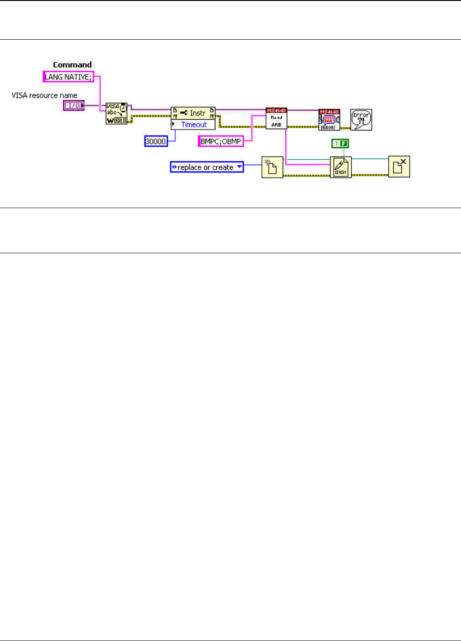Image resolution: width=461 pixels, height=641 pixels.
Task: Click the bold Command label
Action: pyautogui.click(x=72, y=65)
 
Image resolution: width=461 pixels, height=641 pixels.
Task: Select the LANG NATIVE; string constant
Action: pyautogui.click(x=68, y=77)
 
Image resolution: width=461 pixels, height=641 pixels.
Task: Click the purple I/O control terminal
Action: pyautogui.click(x=74, y=105)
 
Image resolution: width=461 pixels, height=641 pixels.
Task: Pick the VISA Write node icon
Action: pyautogui.click(x=116, y=113)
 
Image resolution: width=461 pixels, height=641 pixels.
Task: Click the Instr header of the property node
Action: pyautogui.click(x=193, y=112)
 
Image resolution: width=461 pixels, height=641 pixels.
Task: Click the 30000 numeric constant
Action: pyautogui.click(x=156, y=141)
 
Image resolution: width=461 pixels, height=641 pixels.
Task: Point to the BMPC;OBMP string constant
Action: pyautogui.click(x=221, y=141)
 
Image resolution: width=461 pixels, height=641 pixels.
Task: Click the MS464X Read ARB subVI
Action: pyautogui.click(x=276, y=118)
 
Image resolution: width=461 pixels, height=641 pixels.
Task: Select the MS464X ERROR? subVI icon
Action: pyautogui.click(x=329, y=120)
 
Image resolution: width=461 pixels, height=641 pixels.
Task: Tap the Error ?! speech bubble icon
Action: pyautogui.click(x=361, y=120)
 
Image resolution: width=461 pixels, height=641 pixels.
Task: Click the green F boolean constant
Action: pyautogui.click(x=340, y=144)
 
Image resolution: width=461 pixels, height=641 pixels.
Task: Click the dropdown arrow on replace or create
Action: pyautogui.click(x=239, y=167)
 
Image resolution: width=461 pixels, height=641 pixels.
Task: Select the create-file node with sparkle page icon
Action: pyautogui.click(x=272, y=167)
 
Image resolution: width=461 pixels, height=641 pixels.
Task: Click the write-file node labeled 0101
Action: pyautogui.click(x=341, y=167)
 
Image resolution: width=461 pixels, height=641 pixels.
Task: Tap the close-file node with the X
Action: pyautogui.click(x=399, y=167)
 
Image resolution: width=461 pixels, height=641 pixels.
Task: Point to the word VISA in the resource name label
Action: pyautogui.click(x=19, y=95)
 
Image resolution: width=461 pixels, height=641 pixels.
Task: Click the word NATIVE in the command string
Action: pyautogui.click(x=77, y=77)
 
